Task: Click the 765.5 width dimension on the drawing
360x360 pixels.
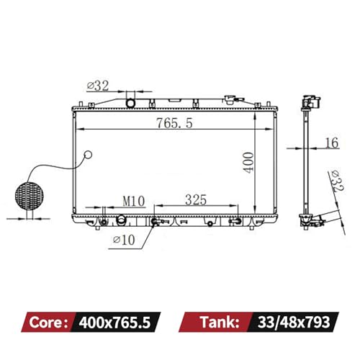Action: point(174,123)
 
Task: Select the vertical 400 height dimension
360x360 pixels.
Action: point(248,163)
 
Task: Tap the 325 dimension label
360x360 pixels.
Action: point(196,199)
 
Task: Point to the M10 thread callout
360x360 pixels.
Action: point(134,201)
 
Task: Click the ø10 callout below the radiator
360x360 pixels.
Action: point(124,240)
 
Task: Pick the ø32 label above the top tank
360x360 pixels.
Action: point(98,86)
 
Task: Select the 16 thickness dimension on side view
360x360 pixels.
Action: point(332,143)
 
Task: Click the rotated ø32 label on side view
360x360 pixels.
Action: point(337,181)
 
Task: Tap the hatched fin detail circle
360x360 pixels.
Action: point(30,196)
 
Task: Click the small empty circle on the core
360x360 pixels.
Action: point(89,155)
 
